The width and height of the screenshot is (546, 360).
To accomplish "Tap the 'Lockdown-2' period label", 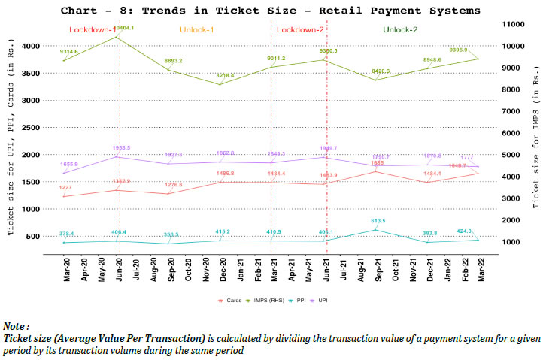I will (x=301, y=29).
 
